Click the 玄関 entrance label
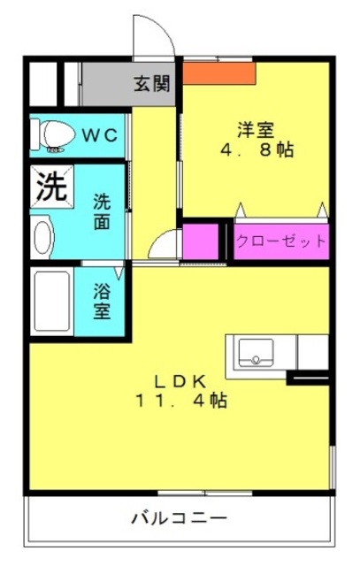(x=151, y=85)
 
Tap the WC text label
(x=100, y=135)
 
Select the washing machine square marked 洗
(x=52, y=187)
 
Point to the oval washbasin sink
(x=42, y=237)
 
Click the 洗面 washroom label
(x=102, y=211)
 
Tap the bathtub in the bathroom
(x=52, y=301)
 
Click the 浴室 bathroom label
(x=102, y=301)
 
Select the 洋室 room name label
(x=256, y=130)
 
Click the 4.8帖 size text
(x=257, y=149)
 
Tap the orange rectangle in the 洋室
(x=219, y=73)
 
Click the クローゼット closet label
(x=281, y=241)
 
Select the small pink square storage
(x=201, y=241)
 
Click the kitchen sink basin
(x=256, y=353)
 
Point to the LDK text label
(x=180, y=381)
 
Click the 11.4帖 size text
(x=181, y=400)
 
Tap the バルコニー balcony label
(x=179, y=518)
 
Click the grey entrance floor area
(x=128, y=84)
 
